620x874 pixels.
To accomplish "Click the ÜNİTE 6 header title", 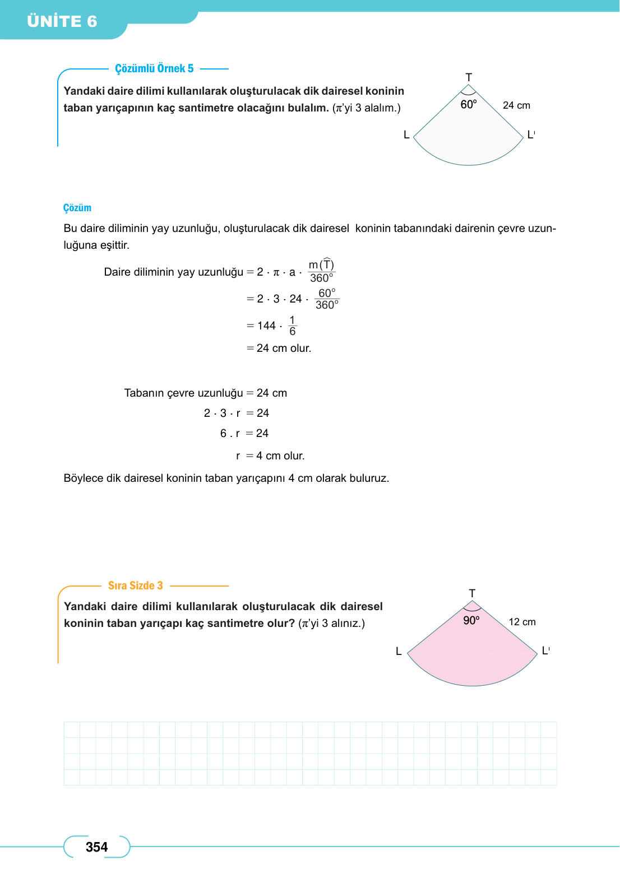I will pyautogui.click(x=62, y=21).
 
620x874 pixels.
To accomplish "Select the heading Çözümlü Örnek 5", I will pyautogui.click(x=154, y=68).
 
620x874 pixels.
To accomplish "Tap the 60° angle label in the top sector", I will pyautogui.click(x=469, y=104).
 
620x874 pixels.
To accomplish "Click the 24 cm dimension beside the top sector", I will pyautogui.click(x=516, y=105).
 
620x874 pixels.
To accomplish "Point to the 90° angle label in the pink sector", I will pyautogui.click(x=471, y=620).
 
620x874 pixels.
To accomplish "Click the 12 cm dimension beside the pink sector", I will pyautogui.click(x=522, y=622).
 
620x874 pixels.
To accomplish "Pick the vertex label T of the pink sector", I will pyautogui.click(x=472, y=593).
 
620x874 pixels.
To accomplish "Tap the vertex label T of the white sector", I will pyautogui.click(x=469, y=77).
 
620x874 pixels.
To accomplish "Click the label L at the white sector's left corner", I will pyautogui.click(x=406, y=135).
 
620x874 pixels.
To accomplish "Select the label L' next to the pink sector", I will pyautogui.click(x=545, y=651).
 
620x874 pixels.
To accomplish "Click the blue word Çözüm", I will pyautogui.click(x=77, y=208).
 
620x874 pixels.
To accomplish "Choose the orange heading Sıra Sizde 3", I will pyautogui.click(x=135, y=585).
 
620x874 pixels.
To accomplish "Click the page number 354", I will pyautogui.click(x=96, y=847).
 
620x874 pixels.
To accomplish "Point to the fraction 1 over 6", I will pyautogui.click(x=292, y=326).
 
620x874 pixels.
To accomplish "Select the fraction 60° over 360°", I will pyautogui.click(x=327, y=299).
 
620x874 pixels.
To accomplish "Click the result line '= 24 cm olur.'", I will pyautogui.click(x=279, y=348).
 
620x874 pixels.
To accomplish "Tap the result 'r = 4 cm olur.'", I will pyautogui.click(x=270, y=456).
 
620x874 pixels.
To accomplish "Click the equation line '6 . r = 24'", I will pyautogui.click(x=244, y=434).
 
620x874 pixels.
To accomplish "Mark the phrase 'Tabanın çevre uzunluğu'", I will pyautogui.click(x=183, y=393).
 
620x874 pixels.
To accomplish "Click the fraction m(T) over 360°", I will pyautogui.click(x=321, y=271).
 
